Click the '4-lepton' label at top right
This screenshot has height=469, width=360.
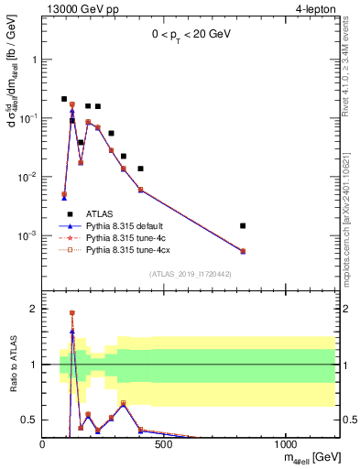coord(315,8)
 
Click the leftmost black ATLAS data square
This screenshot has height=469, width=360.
coord(64,99)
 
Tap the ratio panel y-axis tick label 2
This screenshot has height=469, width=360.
coord(34,309)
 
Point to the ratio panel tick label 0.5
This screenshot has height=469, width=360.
coord(30,420)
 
